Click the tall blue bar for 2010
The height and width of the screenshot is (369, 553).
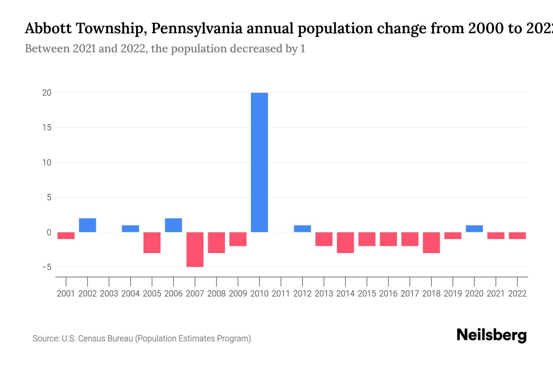pos(259,162)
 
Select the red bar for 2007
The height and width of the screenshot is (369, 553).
pos(195,249)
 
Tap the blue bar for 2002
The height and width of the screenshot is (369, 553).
pos(88,225)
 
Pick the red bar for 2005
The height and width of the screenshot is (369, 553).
pos(152,243)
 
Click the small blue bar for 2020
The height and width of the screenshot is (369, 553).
pos(474,229)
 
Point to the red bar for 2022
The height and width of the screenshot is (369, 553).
pos(517,236)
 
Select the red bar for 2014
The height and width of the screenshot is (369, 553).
pos(345,243)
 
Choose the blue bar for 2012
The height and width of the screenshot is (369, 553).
pos(302,229)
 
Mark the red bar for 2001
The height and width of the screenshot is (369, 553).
pos(66,236)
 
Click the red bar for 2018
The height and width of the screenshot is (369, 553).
pos(431,243)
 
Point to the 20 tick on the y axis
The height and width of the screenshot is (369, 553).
pos(47,93)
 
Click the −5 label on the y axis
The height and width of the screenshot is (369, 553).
pos(47,267)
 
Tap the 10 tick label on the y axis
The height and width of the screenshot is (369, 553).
pos(47,163)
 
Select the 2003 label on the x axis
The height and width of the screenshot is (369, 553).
pos(109,294)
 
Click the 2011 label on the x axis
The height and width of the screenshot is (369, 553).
pos(281,294)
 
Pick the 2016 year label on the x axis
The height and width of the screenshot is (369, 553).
pos(388,294)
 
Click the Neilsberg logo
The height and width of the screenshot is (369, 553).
pos(492,335)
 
